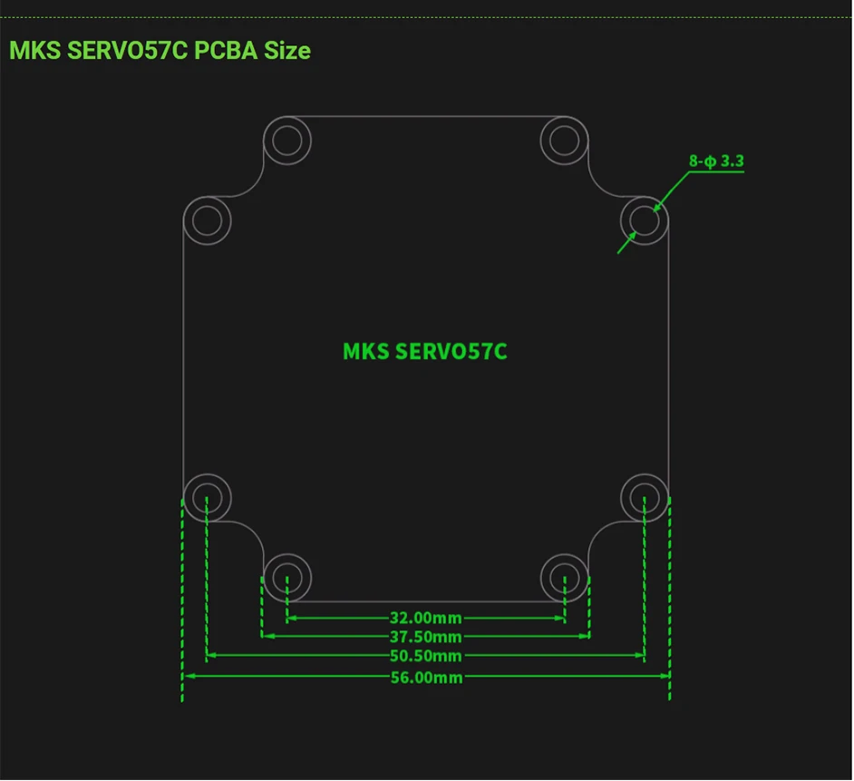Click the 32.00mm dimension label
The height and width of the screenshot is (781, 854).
[426, 618]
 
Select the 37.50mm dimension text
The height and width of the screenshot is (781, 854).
[426, 637]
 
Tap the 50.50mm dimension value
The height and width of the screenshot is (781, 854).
[426, 656]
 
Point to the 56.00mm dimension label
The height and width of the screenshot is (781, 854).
[426, 678]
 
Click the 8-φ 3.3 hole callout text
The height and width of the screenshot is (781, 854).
[716, 161]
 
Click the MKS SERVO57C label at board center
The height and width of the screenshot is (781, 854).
[425, 352]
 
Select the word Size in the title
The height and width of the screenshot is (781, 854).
[287, 51]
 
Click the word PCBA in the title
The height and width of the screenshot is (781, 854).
[226, 51]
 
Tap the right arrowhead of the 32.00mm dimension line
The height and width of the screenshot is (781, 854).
[559, 618]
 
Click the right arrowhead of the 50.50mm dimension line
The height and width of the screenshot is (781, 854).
[639, 655]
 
